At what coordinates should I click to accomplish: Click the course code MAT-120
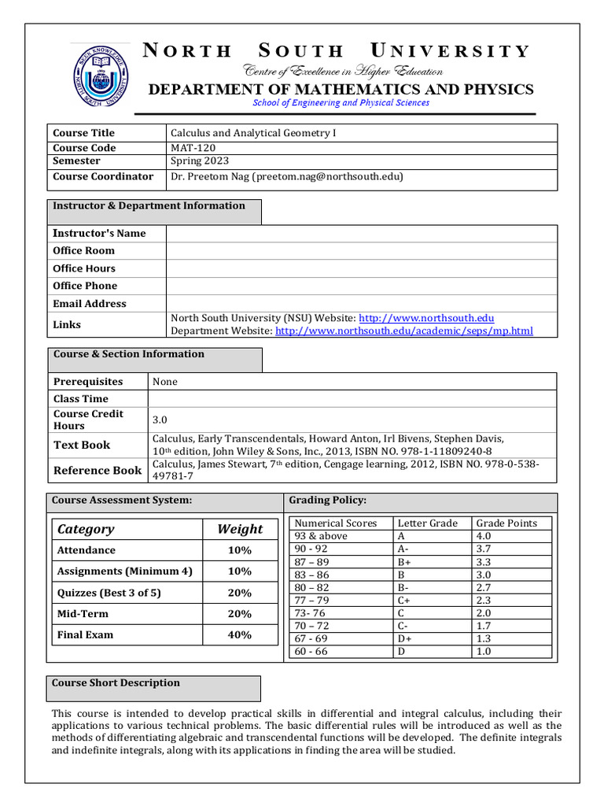click(x=193, y=147)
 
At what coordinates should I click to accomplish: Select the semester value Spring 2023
click(x=200, y=161)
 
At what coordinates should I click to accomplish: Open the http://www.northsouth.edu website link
click(x=427, y=318)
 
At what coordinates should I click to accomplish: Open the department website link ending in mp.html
click(x=404, y=331)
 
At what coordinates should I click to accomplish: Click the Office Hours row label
click(x=84, y=268)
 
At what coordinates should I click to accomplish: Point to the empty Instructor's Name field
click(x=362, y=233)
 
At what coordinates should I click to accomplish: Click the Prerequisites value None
click(x=165, y=382)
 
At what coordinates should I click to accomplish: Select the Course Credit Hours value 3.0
click(x=160, y=420)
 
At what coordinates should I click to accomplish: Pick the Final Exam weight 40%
click(x=240, y=634)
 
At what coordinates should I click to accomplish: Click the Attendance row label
click(x=86, y=550)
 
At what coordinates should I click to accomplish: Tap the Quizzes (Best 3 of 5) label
click(x=109, y=593)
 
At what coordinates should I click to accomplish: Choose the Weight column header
click(x=240, y=529)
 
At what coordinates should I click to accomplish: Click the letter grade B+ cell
click(x=405, y=562)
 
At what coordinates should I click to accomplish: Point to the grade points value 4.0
click(x=484, y=536)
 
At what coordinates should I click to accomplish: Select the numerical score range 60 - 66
click(x=311, y=652)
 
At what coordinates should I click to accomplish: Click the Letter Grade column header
click(x=427, y=523)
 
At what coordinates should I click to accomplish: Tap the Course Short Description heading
click(x=116, y=683)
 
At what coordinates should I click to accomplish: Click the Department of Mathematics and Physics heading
click(x=341, y=89)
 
